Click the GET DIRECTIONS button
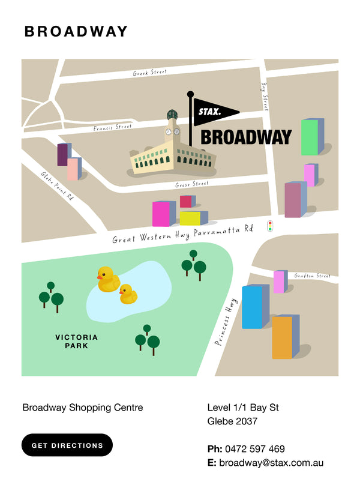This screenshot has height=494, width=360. pyautogui.click(x=67, y=445)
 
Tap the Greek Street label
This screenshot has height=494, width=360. pyautogui.click(x=149, y=73)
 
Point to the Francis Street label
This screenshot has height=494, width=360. pyautogui.click(x=112, y=127)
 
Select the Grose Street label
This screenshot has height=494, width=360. pyautogui.click(x=192, y=185)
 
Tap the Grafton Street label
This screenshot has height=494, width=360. pyautogui.click(x=312, y=276)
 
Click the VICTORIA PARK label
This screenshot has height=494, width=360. pyautogui.click(x=76, y=342)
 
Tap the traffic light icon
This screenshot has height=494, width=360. pyautogui.click(x=270, y=226)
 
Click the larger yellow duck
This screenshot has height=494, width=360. pyautogui.click(x=109, y=280)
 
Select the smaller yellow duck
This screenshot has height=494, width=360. pyautogui.click(x=128, y=294)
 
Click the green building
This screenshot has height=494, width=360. pyautogui.click(x=310, y=137)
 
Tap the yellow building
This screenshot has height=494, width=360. pyautogui.click(x=191, y=218)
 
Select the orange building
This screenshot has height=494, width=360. pyautogui.click(x=283, y=337)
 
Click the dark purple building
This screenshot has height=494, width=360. pyautogui.click(x=62, y=154)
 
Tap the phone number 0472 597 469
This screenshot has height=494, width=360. pyautogui.click(x=254, y=449)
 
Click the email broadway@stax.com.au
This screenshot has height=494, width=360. pyautogui.click(x=271, y=463)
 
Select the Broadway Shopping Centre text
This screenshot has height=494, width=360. pyautogui.click(x=83, y=408)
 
